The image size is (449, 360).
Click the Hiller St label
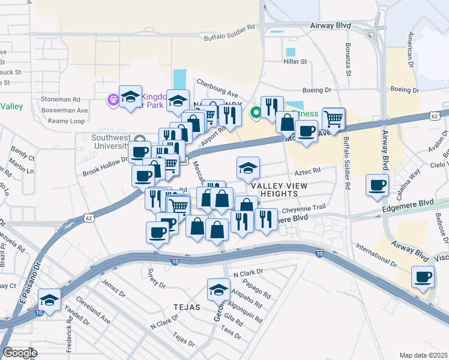click(x=295, y=62)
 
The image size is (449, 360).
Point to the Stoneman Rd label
click(x=60, y=98)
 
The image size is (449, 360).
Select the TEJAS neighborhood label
click(x=186, y=307)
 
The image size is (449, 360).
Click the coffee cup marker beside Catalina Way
click(x=378, y=187)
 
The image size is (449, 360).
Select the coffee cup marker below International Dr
click(x=423, y=278)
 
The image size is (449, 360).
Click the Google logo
click(x=19, y=352)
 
